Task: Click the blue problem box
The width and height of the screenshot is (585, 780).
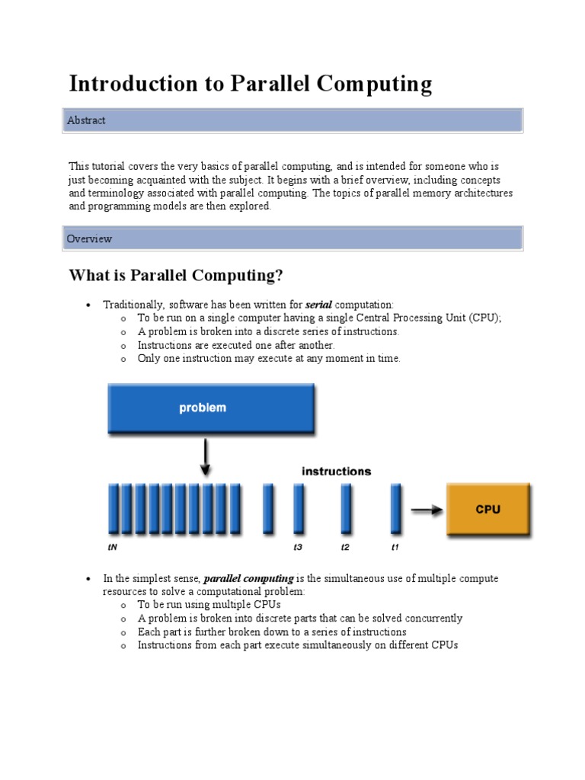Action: [203, 408]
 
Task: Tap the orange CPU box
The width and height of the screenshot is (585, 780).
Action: [487, 509]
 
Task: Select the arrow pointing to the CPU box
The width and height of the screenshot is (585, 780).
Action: [426, 510]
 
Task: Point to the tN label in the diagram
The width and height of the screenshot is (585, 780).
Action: [112, 547]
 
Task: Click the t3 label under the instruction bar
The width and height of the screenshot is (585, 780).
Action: [298, 547]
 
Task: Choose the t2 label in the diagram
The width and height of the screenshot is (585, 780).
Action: [345, 547]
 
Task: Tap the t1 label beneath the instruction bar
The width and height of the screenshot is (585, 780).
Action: [395, 547]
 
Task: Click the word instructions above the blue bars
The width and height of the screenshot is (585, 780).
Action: [336, 471]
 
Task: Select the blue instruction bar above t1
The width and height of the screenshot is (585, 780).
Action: [395, 509]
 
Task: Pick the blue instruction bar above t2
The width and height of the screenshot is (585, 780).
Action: [346, 509]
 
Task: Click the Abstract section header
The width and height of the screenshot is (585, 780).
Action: [86, 120]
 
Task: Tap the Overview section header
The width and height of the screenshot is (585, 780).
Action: [89, 238]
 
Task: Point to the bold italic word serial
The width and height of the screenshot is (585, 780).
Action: [318, 305]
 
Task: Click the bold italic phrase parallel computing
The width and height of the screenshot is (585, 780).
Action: [248, 579]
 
